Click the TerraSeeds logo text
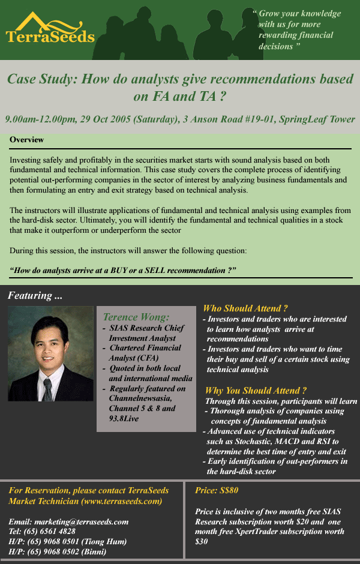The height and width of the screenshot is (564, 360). [x=50, y=37]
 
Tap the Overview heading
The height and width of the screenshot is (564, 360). [x=26, y=140]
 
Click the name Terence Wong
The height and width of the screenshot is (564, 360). [x=136, y=317]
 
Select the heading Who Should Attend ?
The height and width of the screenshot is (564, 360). [x=245, y=307]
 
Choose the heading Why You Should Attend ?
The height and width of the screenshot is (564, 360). [x=256, y=390]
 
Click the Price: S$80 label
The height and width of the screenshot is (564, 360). [x=217, y=490]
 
